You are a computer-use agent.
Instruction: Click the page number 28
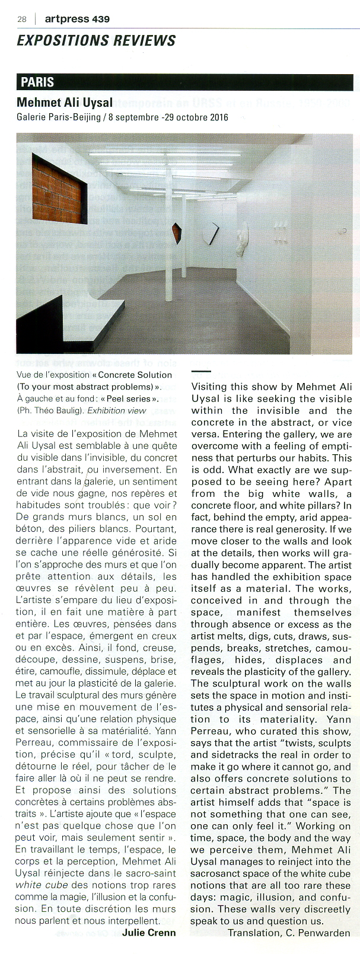coord(22,19)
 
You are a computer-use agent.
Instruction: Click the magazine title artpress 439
coord(77,19)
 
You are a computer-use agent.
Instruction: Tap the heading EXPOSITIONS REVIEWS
coord(96,40)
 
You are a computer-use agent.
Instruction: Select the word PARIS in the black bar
coord(37,82)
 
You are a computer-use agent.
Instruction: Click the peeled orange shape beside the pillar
coord(176,233)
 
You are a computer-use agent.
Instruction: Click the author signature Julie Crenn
coord(149,932)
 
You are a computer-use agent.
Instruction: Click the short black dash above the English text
coord(201,372)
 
